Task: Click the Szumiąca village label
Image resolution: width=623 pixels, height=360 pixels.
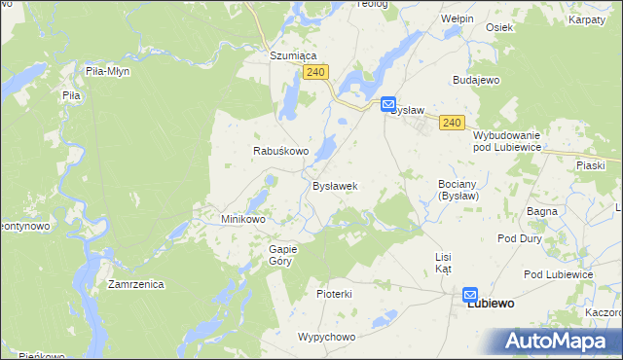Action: click(x=294, y=56)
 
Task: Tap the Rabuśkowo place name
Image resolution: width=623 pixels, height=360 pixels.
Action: click(x=281, y=152)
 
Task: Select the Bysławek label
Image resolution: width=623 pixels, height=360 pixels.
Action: click(x=336, y=186)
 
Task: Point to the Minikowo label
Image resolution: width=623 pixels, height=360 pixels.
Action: click(x=243, y=219)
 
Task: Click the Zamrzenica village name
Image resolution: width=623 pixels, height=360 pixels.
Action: click(x=136, y=285)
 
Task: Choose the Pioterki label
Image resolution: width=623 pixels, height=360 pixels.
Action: click(x=334, y=293)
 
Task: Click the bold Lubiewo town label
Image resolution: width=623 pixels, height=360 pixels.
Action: click(x=492, y=304)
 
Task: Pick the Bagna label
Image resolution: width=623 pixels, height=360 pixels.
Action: click(x=541, y=210)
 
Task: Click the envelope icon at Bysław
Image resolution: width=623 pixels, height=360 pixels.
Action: click(x=387, y=103)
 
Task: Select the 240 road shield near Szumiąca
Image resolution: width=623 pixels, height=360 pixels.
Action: click(x=314, y=73)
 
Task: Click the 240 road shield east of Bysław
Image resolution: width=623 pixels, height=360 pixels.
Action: click(x=451, y=122)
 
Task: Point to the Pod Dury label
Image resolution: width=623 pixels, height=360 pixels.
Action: click(x=520, y=238)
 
